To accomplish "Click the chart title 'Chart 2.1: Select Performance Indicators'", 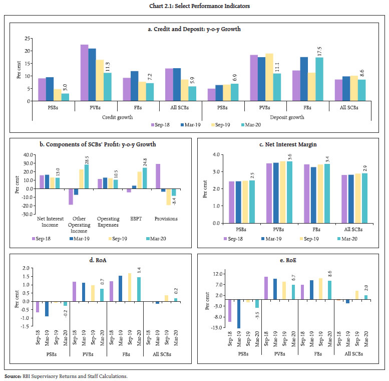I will (x=194, y=6).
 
